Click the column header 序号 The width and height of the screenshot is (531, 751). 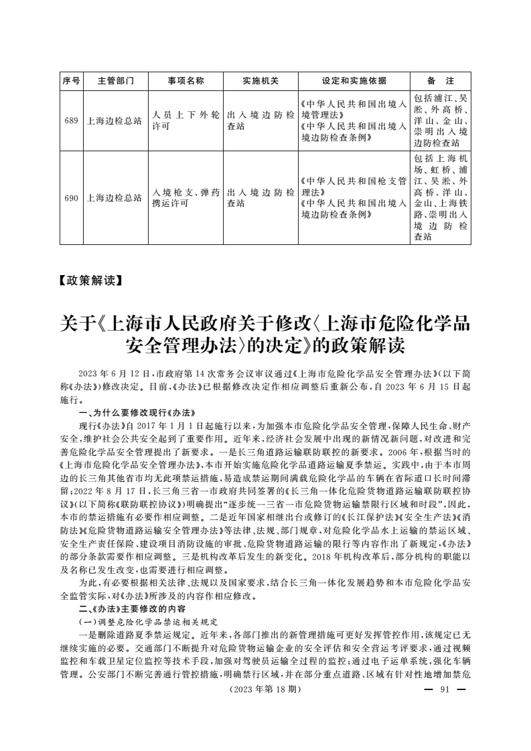point(71,81)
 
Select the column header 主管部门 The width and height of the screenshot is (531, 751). point(116,81)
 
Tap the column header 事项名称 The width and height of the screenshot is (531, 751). point(185,81)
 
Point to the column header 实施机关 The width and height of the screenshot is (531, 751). point(260,81)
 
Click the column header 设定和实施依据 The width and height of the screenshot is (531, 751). point(354,81)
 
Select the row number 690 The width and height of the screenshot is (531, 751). point(71,198)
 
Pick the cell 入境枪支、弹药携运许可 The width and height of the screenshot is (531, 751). point(185,198)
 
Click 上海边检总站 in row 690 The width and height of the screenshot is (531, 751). point(116,198)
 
